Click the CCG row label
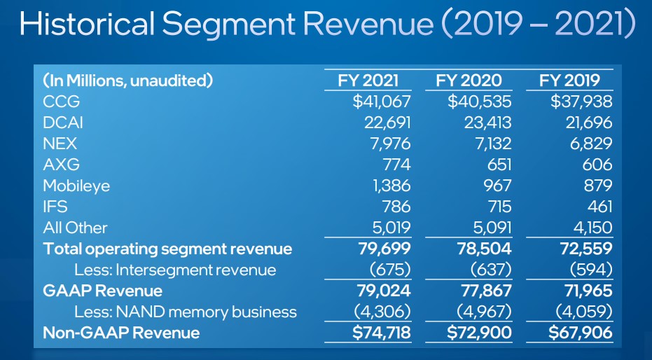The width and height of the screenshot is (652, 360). pyautogui.click(x=62, y=102)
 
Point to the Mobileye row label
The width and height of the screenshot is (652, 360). pyautogui.click(x=76, y=186)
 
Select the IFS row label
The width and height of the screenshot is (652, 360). pyautogui.click(x=55, y=207)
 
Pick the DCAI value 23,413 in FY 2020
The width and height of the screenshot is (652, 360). pyautogui.click(x=488, y=123)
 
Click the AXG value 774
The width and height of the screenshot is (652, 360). pyautogui.click(x=396, y=165)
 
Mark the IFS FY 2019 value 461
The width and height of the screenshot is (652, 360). pyautogui.click(x=599, y=207)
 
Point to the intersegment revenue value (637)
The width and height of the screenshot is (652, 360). pyautogui.click(x=490, y=270)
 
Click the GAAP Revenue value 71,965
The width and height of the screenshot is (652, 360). pyautogui.click(x=585, y=291)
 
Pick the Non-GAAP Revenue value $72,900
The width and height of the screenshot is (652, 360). pyautogui.click(x=480, y=333)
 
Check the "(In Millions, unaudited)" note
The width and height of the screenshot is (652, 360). pyautogui.click(x=127, y=80)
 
